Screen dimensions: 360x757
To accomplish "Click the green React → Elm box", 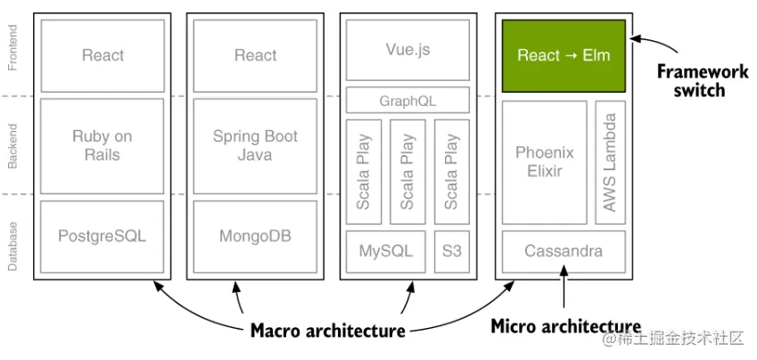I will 564,54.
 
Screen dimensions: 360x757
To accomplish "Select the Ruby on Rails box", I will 103,146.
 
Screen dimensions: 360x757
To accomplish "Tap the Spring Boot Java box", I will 255,146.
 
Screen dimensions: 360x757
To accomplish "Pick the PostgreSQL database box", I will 103,236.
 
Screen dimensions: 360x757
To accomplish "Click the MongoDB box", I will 255,236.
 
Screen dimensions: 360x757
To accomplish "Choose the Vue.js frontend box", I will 407,49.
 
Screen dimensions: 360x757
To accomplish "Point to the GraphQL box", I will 407,101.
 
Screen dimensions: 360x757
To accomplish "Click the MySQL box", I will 385,250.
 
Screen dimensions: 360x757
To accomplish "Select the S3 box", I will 451,250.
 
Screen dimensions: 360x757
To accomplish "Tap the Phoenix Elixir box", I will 545,162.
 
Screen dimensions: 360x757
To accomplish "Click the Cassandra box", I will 564,250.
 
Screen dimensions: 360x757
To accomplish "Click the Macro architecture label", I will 327,331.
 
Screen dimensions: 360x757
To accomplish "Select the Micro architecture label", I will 565,326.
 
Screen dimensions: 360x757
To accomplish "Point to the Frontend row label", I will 13,49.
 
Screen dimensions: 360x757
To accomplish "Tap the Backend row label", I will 13,145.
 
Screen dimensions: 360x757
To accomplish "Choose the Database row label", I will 13,244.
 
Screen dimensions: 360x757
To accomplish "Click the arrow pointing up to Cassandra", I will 564,290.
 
